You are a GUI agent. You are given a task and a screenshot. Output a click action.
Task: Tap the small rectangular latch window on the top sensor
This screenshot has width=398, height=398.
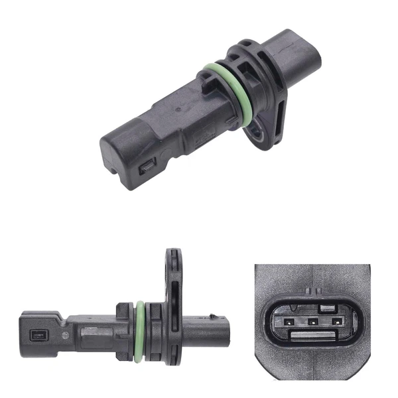[145, 171]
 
